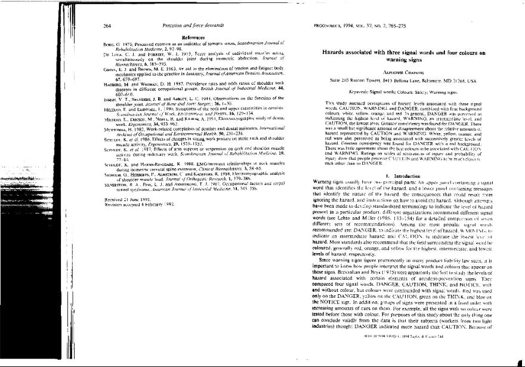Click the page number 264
pyautogui.click(x=107, y=27)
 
